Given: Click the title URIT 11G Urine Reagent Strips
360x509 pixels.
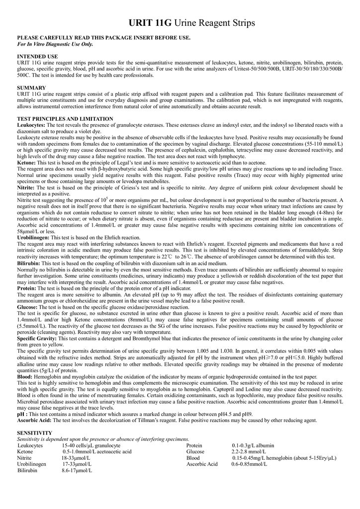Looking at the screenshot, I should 191,23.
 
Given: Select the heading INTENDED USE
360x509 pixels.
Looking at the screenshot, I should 38,56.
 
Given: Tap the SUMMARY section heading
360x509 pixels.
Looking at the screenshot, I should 32,87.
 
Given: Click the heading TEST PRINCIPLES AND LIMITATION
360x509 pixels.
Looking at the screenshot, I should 65,119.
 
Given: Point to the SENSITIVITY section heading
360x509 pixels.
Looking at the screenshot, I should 35,433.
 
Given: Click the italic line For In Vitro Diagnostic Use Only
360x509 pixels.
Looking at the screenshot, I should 55,44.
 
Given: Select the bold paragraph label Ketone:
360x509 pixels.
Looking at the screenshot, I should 26,163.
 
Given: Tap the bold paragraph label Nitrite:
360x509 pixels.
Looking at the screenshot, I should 26,188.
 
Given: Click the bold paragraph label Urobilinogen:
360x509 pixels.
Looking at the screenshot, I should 33,238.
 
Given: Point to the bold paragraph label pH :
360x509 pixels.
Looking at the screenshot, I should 23,414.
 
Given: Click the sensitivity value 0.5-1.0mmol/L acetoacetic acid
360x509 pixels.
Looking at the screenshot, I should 97,451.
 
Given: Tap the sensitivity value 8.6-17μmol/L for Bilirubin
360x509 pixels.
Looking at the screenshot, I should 77,470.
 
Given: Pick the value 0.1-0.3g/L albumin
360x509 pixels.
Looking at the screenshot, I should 253,445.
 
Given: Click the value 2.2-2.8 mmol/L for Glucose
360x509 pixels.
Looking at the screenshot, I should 249,451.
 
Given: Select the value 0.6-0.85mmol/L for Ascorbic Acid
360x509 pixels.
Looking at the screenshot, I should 249,464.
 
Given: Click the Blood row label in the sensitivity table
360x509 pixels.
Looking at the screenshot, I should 193,458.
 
